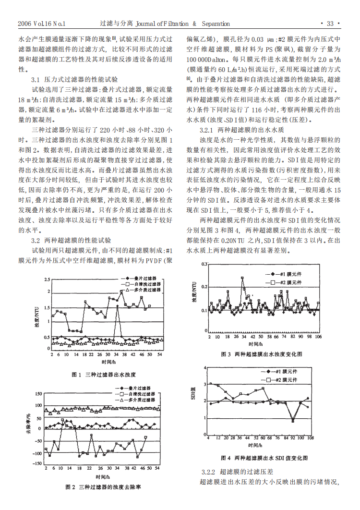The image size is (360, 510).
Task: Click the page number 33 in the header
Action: point(330,24)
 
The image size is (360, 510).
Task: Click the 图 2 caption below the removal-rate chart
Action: point(103,487)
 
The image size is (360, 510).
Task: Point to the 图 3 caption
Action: point(262,354)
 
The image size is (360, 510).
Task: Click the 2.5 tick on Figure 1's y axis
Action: point(47,279)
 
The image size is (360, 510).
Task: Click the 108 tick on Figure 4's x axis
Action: point(310,438)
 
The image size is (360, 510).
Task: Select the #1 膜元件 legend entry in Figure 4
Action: point(282,372)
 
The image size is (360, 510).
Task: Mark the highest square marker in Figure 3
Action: point(243,278)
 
